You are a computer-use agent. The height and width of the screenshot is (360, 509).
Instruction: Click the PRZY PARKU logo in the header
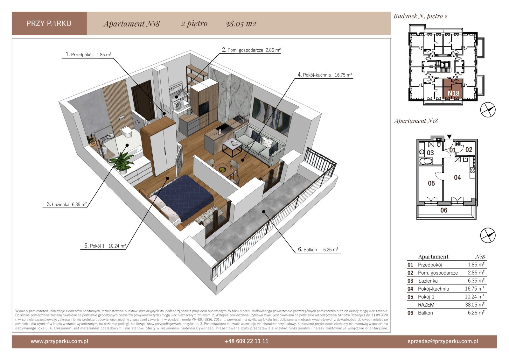click(49, 24)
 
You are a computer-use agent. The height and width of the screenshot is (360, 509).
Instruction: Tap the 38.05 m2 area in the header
click(241, 24)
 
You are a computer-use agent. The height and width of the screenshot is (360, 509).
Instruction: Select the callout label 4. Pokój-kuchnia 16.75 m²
click(325, 75)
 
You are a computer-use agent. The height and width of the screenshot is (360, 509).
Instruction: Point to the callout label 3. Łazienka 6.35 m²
click(67, 204)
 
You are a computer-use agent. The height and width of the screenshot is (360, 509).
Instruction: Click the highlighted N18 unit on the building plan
click(453, 89)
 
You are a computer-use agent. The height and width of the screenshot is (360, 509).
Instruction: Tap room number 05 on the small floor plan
click(431, 183)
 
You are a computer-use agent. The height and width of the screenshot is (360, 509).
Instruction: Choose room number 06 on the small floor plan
click(444, 210)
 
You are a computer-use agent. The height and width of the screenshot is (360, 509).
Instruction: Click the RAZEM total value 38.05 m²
click(475, 305)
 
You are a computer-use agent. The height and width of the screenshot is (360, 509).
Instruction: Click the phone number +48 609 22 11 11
click(246, 341)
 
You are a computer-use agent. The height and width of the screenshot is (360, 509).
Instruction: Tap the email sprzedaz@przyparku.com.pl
click(443, 341)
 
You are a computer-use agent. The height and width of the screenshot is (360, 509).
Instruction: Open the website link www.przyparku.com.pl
click(59, 341)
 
